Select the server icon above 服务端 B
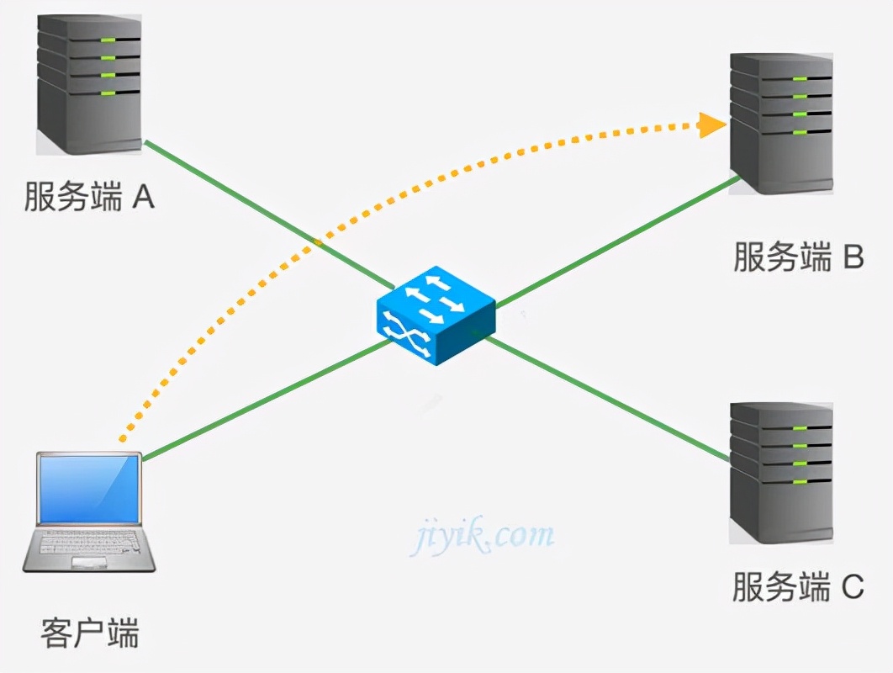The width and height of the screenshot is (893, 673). (781, 122)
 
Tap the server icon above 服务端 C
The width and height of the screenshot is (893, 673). (781, 472)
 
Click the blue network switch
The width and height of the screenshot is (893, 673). (436, 315)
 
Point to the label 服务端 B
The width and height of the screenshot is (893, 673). (798, 257)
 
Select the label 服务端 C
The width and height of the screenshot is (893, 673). (798, 587)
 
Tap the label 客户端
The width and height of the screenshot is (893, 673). (89, 632)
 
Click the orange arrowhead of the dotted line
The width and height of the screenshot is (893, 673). (713, 126)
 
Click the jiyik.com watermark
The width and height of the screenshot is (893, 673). (483, 535)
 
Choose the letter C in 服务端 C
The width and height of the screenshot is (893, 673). (852, 587)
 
